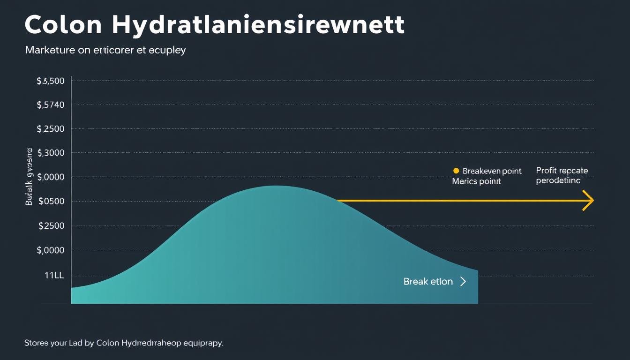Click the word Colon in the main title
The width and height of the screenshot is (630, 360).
[x=63, y=25]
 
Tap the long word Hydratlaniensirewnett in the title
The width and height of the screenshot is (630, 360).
[x=258, y=26]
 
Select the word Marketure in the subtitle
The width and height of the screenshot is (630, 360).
[x=50, y=50]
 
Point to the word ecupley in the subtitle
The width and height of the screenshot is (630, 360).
[x=167, y=51]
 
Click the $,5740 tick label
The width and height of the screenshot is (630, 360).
[x=50, y=105]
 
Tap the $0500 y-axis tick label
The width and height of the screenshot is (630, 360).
[x=51, y=202]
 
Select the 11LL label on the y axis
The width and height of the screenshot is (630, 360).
[x=54, y=276]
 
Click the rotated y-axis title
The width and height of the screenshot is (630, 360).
[x=29, y=177]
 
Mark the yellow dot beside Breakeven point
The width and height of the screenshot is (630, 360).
[x=456, y=171]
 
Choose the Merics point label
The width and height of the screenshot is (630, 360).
[x=476, y=181]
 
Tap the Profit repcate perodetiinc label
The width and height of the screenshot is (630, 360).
[x=562, y=175]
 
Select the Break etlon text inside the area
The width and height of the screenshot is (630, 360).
[x=428, y=282]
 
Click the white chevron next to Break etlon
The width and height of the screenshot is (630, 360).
[x=463, y=282]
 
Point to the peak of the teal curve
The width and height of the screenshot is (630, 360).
[x=277, y=187]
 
